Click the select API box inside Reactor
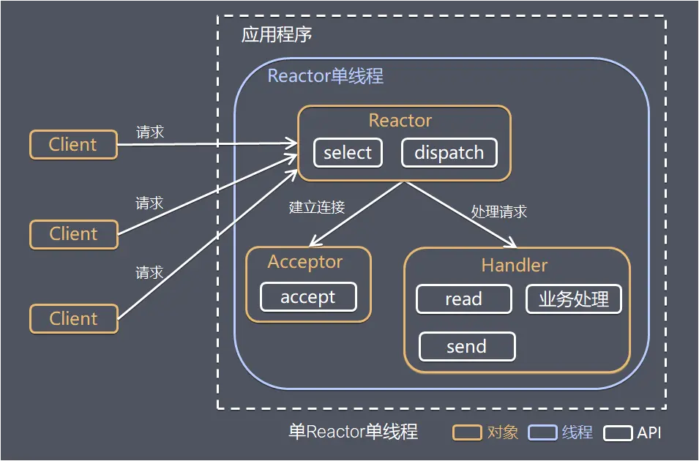(348, 153)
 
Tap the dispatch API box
(449, 153)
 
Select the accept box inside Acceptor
(308, 297)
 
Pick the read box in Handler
(463, 299)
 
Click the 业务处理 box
(574, 299)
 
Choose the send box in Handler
(466, 347)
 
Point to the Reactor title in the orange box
(400, 121)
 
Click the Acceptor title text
(305, 262)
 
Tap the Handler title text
(515, 265)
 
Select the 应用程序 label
(277, 35)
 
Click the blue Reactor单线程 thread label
(326, 76)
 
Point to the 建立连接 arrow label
(317, 207)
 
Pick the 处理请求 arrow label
(499, 212)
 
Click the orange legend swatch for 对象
(466, 432)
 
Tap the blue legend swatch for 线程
(542, 432)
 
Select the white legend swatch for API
(618, 432)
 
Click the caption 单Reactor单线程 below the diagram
(353, 432)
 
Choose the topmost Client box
(73, 145)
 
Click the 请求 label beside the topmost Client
(150, 132)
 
